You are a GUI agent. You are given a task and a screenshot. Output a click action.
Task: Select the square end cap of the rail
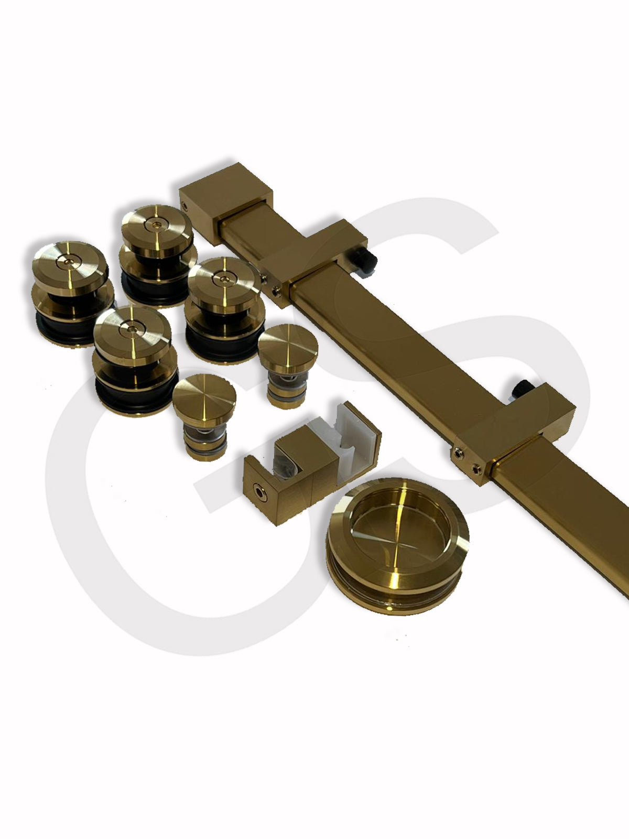click(x=226, y=202)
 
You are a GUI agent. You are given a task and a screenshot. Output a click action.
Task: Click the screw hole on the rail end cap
click(x=185, y=206)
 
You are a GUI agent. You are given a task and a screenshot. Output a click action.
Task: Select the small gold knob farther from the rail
click(x=204, y=416)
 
